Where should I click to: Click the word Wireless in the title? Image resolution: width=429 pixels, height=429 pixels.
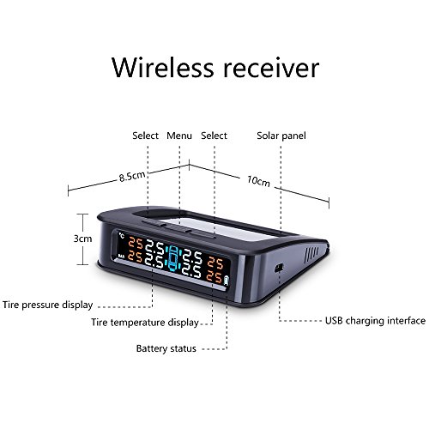pyautogui.click(x=162, y=68)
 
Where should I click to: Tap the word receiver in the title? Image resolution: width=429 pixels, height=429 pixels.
pyautogui.click(x=271, y=68)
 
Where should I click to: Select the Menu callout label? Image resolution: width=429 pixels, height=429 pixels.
pyautogui.click(x=179, y=136)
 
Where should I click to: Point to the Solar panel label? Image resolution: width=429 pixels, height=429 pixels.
pyautogui.click(x=281, y=136)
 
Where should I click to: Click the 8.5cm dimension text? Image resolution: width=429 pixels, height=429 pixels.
pyautogui.click(x=132, y=176)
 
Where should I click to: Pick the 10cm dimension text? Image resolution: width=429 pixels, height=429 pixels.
pyautogui.click(x=258, y=181)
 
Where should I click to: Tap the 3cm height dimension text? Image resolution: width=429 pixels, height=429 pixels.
pyautogui.click(x=82, y=239)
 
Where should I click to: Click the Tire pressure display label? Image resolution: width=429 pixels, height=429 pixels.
pyautogui.click(x=48, y=305)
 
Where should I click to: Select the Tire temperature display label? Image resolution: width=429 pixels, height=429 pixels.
pyautogui.click(x=145, y=323)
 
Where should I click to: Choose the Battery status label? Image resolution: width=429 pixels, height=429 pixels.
pyautogui.click(x=166, y=348)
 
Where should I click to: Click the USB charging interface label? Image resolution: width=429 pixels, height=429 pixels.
pyautogui.click(x=375, y=321)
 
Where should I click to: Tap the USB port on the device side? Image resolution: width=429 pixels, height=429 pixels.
pyautogui.click(x=279, y=268)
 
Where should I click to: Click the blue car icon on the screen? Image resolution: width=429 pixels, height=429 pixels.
pyautogui.click(x=173, y=258)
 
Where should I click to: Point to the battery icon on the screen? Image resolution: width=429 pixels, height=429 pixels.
pyautogui.click(x=227, y=281)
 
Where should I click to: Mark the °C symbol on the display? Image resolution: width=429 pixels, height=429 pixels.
pyautogui.click(x=122, y=236)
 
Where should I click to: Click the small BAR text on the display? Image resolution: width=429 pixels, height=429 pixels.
pyautogui.click(x=121, y=257)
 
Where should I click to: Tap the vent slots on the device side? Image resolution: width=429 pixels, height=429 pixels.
pyautogui.click(x=311, y=255)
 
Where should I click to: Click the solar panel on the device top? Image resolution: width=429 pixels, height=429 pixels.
pyautogui.click(x=217, y=226)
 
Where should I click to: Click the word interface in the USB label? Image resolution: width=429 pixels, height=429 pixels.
pyautogui.click(x=406, y=321)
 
